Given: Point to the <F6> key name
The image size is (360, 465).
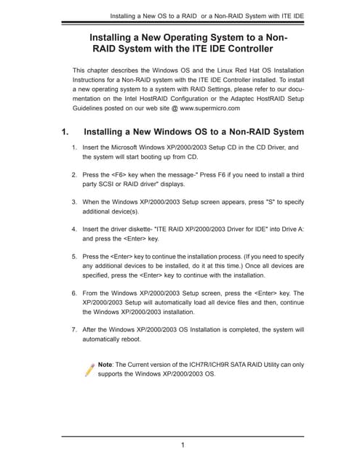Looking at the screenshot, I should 121,175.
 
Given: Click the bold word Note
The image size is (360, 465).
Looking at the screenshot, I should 105,364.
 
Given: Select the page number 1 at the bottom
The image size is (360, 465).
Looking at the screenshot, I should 182,445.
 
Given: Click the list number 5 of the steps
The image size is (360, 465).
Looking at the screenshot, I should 73,257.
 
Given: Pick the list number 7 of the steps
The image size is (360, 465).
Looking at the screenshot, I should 73,329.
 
